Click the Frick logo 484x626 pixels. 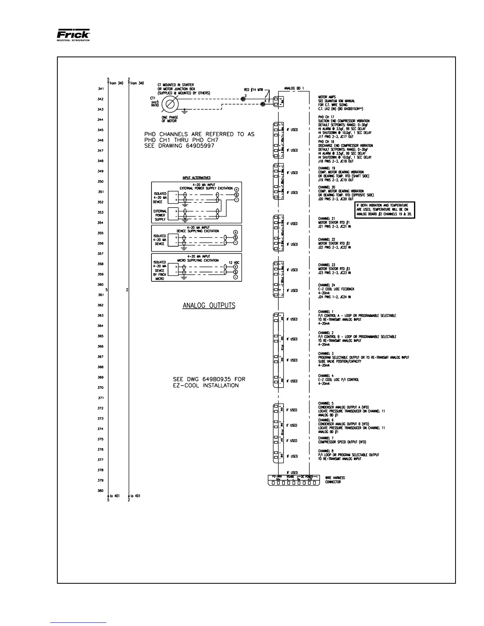[74, 35]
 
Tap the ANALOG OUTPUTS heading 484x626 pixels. [209, 305]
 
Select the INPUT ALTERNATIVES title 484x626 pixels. [196, 178]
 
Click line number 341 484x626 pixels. [101, 89]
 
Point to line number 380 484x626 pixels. [101, 491]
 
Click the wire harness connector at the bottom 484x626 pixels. [294, 483]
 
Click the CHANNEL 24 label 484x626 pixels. [327, 285]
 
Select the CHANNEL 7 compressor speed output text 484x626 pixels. [342, 440]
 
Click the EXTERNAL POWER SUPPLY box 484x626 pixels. [160, 215]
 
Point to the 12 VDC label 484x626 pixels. [234, 263]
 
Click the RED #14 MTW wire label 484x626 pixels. [254, 90]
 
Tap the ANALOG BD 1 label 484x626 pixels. [294, 88]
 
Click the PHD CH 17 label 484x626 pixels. [326, 117]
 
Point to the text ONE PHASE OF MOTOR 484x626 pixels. [170, 119]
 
